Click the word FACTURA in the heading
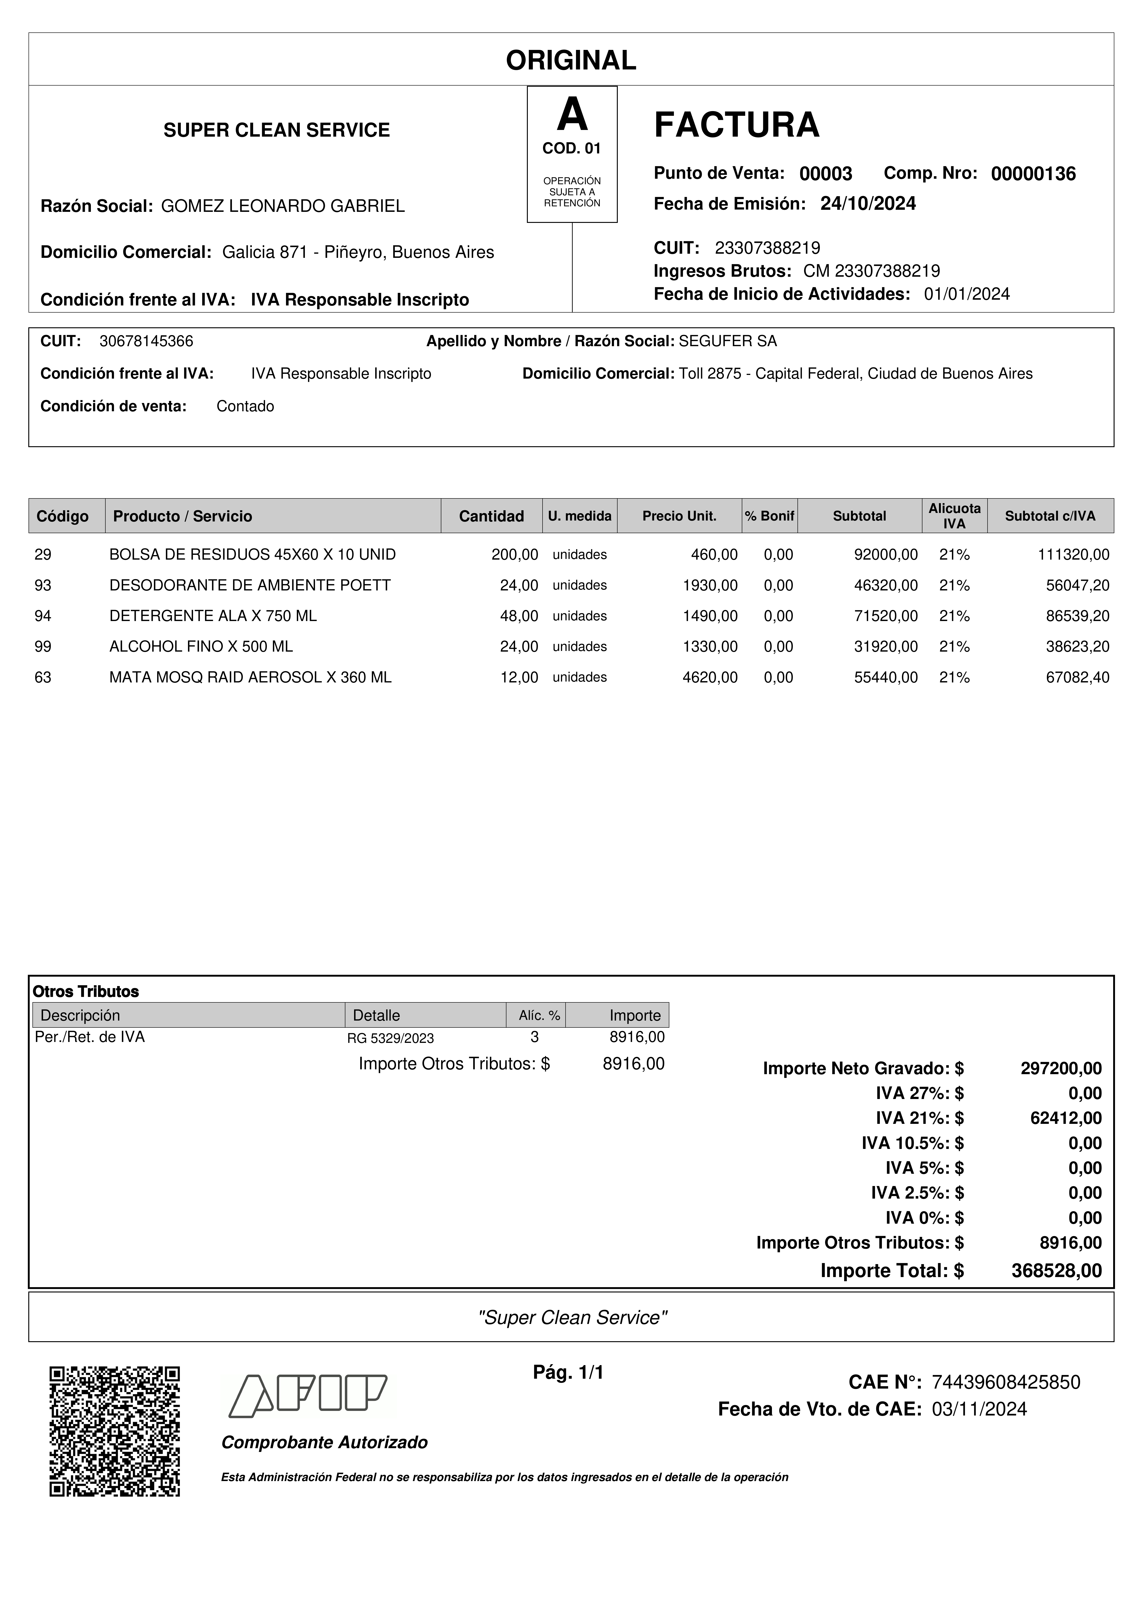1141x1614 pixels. (x=736, y=125)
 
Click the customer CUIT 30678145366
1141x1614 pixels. (x=146, y=342)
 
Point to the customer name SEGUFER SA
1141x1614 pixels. (x=728, y=342)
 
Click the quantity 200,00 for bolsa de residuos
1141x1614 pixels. (x=515, y=555)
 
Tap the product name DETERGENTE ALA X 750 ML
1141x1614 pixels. (x=213, y=616)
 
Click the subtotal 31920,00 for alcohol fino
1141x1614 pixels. (x=885, y=647)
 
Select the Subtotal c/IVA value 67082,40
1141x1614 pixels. (x=1077, y=678)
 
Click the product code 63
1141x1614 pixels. (x=43, y=678)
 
